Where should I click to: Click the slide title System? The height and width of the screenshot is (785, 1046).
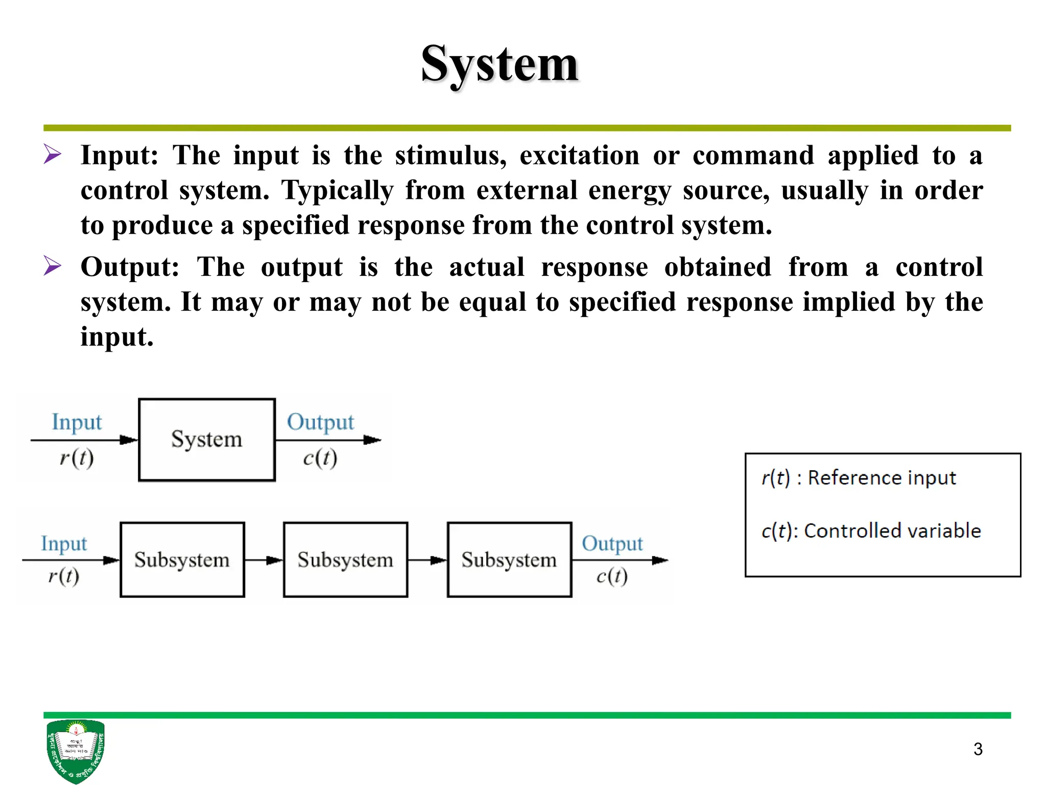tap(500, 65)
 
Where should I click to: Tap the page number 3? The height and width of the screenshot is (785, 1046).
tap(978, 749)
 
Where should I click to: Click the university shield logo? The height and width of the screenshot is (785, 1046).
tap(76, 750)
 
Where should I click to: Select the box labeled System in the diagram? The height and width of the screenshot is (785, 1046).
tap(207, 440)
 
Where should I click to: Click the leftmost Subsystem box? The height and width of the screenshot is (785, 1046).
tap(182, 560)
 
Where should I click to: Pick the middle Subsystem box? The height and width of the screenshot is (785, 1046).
tap(346, 560)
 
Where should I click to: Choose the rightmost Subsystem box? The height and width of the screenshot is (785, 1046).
tap(509, 560)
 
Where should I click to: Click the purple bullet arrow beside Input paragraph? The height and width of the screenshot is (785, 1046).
tap(52, 154)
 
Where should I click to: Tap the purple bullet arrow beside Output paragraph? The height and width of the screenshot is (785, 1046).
tap(52, 266)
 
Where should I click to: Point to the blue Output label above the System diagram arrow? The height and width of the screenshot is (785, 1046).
tap(320, 423)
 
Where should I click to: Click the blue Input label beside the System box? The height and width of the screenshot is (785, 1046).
tap(77, 423)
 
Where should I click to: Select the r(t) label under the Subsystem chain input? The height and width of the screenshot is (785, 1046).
tap(64, 576)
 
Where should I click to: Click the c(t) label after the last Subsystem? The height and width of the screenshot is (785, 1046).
tap(612, 576)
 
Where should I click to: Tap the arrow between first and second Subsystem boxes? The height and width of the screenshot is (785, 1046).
tap(264, 561)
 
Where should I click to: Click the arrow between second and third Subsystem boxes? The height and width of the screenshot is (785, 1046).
tap(427, 561)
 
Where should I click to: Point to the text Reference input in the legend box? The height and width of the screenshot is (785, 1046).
tap(882, 478)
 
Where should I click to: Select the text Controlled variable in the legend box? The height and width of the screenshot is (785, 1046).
tap(892, 531)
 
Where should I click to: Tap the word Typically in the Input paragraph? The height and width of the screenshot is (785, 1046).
tap(338, 191)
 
